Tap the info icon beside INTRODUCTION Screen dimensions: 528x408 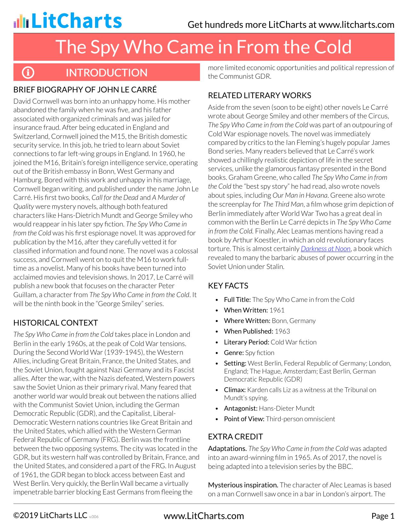(28, 73)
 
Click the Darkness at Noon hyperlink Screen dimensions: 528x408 (326, 249)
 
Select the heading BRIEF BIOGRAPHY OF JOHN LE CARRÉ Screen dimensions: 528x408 (85, 90)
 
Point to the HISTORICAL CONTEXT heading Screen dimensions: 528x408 (56, 323)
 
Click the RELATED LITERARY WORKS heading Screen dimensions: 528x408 (260, 95)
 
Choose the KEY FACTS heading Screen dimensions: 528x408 (228, 286)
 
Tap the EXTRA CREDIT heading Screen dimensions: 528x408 (236, 437)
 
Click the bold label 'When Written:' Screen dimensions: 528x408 (246, 310)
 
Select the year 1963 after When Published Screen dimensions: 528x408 (282, 331)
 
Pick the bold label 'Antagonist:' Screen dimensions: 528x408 (241, 408)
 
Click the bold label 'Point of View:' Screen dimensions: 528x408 (244, 419)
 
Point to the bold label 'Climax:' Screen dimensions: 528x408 (235, 390)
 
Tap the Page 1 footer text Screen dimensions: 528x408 (383, 516)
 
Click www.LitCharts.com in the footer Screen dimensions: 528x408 (204, 516)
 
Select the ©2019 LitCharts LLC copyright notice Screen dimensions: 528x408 (50, 516)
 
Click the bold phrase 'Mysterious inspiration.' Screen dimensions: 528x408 (243, 485)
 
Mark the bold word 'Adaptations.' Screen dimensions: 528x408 (228, 449)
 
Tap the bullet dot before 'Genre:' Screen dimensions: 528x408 (217, 353)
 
